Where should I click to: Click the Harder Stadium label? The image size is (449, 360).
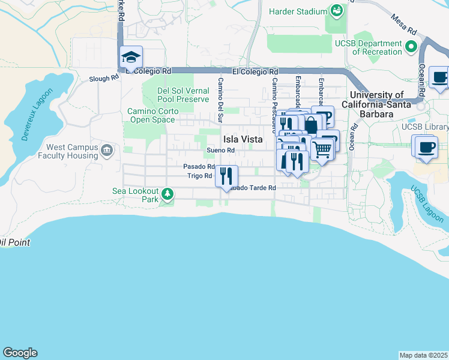pyautogui.click(x=297, y=11)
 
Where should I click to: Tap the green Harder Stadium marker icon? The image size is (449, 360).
pyautogui.click(x=336, y=11)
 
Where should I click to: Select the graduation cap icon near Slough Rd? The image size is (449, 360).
pyautogui.click(x=131, y=58)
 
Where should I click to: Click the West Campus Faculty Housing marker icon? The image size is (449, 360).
pyautogui.click(x=107, y=150)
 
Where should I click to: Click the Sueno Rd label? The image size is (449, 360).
pyautogui.click(x=220, y=151)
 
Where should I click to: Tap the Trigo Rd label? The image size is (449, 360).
pyautogui.click(x=199, y=176)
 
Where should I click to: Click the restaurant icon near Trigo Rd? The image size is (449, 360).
pyautogui.click(x=226, y=176)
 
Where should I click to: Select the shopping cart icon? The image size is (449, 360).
pyautogui.click(x=322, y=149)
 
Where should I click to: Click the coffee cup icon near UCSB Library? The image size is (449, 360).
pyautogui.click(x=426, y=147)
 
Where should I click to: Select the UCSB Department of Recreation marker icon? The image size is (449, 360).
pyautogui.click(x=411, y=47)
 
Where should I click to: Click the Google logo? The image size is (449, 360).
pyautogui.click(x=20, y=353)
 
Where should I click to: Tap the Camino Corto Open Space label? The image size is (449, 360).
pyautogui.click(x=150, y=115)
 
